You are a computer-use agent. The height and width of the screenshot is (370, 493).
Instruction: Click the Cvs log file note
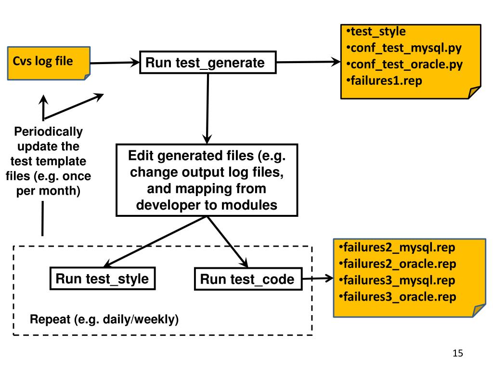49,63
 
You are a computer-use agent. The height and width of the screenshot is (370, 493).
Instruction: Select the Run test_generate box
208,62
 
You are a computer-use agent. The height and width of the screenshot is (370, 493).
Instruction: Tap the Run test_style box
103,278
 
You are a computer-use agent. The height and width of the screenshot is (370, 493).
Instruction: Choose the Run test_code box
248,279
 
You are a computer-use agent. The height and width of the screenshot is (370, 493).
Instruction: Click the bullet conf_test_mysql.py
404,48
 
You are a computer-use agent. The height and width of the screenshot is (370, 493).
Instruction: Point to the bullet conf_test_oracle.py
404,65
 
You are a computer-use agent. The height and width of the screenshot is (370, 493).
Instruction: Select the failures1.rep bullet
384,81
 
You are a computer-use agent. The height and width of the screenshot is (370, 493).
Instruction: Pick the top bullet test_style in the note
376,31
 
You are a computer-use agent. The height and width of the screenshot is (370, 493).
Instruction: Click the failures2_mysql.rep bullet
397,248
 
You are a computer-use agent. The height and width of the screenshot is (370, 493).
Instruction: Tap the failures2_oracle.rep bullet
397,264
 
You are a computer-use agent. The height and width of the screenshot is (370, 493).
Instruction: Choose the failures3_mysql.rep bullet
397,280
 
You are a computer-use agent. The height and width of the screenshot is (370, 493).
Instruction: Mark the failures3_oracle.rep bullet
397,297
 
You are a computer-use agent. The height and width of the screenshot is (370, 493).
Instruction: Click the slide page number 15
458,353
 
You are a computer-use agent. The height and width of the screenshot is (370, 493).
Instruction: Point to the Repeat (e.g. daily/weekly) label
104,319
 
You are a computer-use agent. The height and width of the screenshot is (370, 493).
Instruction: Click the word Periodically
49,132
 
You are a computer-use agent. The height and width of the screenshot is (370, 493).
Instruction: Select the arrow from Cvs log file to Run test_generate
115,63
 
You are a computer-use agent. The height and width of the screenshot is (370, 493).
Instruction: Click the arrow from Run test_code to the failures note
318,278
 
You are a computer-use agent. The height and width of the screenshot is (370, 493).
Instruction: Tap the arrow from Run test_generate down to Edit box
208,109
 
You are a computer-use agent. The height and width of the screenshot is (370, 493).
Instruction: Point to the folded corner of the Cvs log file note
87,77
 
